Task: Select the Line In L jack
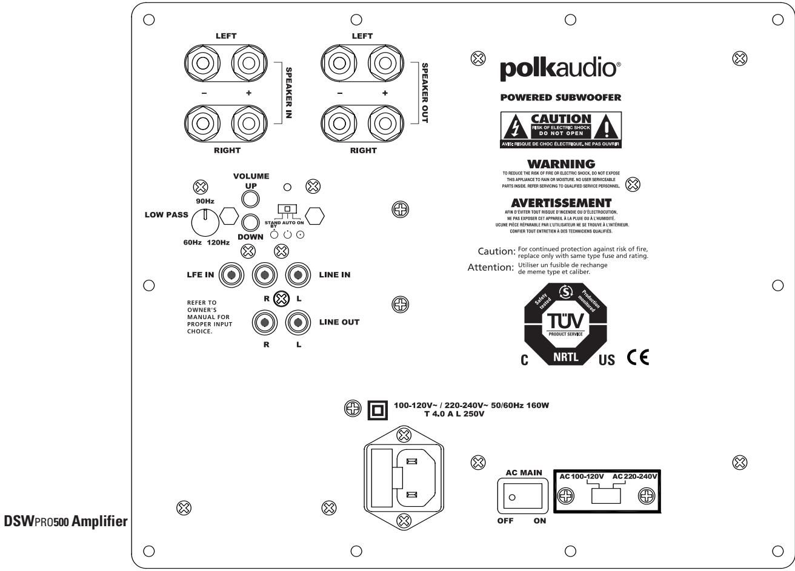[x=298, y=275]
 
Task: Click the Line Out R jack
[x=265, y=322]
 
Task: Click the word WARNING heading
[x=560, y=164]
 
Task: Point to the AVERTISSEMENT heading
[x=561, y=202]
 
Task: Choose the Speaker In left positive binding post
[x=247, y=63]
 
